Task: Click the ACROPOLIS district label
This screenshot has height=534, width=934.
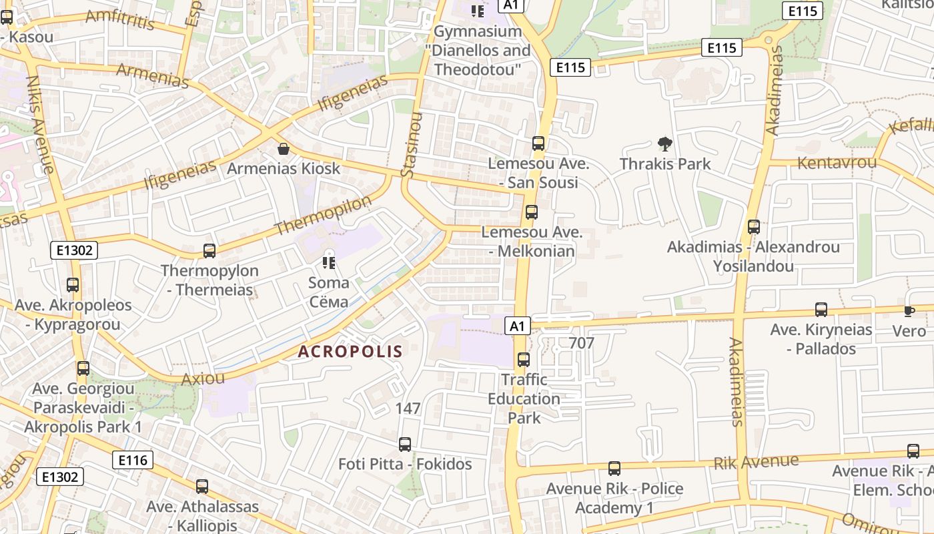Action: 350,351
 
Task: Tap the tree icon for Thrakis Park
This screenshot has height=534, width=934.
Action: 664,144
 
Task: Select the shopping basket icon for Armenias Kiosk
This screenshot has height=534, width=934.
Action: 284,148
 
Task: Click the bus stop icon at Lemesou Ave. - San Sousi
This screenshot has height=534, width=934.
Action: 538,144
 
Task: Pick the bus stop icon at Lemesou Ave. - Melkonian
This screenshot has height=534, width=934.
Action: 532,212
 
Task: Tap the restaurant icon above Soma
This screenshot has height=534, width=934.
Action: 328,262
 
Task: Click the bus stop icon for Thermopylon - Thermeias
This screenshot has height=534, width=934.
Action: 209,251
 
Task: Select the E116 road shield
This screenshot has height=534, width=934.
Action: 133,460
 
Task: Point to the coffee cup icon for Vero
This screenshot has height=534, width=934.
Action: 909,311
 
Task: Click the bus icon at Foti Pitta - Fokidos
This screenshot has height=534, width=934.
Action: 405,445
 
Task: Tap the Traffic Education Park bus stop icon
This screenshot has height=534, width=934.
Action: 524,360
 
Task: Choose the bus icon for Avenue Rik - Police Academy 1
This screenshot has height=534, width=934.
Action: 614,469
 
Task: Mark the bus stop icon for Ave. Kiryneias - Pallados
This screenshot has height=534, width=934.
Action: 821,310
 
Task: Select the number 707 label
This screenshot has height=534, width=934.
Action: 582,343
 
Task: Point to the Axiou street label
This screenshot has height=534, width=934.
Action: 203,378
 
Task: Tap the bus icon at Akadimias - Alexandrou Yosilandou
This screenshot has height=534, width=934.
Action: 754,227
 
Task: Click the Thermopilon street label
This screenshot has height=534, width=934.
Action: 323,215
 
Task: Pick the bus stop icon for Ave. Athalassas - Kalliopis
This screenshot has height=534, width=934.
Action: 202,487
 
